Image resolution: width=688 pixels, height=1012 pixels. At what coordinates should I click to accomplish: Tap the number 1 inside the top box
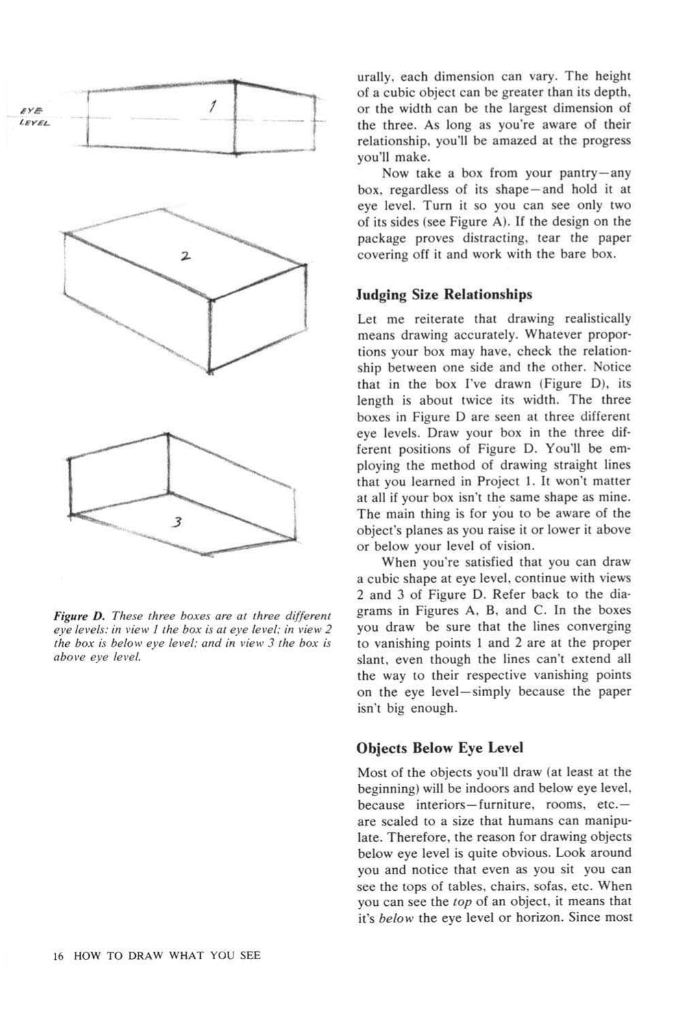point(213,106)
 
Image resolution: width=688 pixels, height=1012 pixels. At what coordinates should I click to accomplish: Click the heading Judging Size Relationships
point(444,295)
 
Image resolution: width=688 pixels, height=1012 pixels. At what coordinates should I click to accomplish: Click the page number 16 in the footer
point(58,955)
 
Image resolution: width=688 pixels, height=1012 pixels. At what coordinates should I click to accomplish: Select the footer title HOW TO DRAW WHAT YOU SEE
point(167,955)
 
